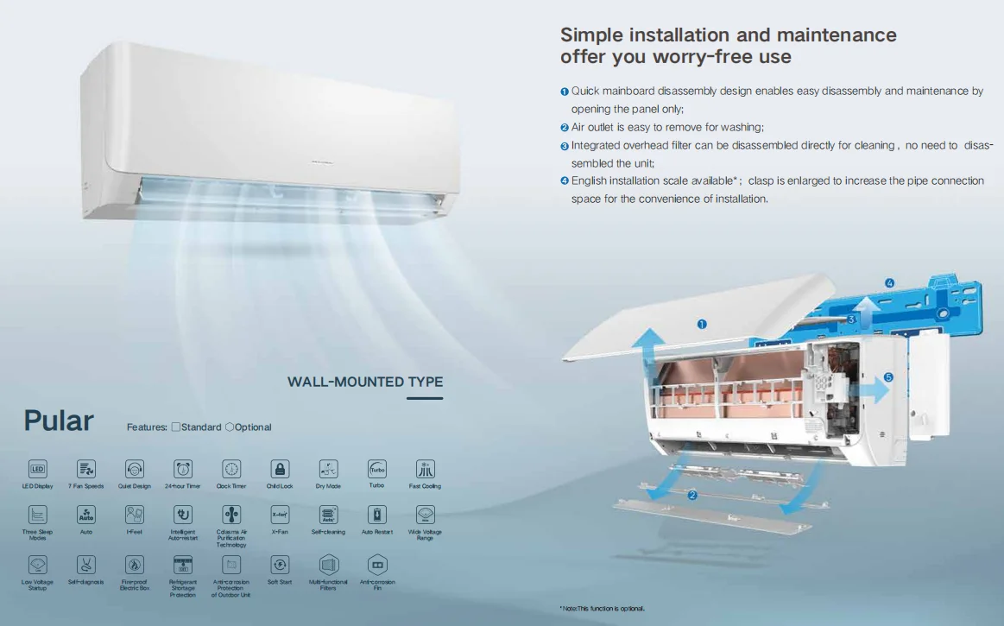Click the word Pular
click(x=59, y=420)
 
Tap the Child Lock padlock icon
click(x=280, y=469)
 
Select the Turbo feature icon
click(x=376, y=469)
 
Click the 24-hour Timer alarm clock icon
click(x=183, y=469)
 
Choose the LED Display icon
click(x=38, y=469)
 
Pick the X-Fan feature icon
click(x=280, y=515)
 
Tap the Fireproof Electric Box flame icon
click(x=135, y=565)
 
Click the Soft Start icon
click(x=280, y=565)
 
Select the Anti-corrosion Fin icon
click(x=377, y=565)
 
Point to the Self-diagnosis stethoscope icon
click(x=86, y=565)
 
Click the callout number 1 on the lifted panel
click(x=702, y=325)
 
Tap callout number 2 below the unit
click(x=692, y=496)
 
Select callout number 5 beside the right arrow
click(x=888, y=377)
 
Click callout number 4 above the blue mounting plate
click(x=889, y=282)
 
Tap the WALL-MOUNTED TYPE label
click(x=365, y=382)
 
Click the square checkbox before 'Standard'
click(x=176, y=427)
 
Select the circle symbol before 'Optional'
click(x=229, y=427)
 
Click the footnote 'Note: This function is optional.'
click(x=602, y=609)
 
